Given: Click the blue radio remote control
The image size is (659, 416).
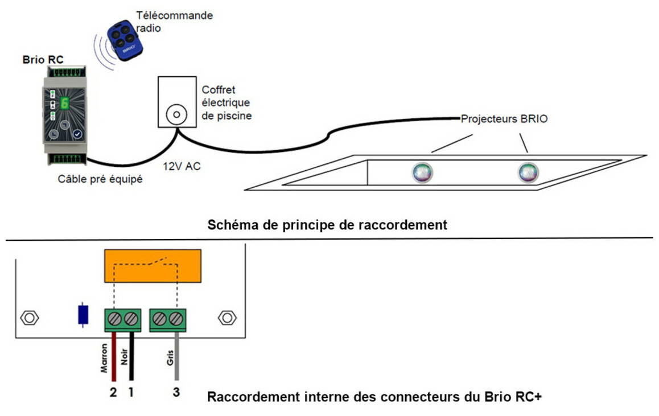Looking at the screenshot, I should pos(123,40).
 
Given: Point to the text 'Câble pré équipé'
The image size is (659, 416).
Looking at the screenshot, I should pos(100,180).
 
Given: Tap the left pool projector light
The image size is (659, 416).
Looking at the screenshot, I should pos(422,172).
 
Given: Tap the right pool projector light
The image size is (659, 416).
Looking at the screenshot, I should pos(527,172).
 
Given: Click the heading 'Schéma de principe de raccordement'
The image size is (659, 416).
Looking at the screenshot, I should pos(328,225).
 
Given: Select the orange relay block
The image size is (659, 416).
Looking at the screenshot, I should pos(151,266).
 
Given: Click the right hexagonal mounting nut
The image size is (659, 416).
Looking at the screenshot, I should pos(226,318).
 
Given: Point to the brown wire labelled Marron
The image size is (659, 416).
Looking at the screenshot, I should pos(114,356).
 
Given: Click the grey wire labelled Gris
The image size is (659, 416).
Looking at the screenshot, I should pos(177,356).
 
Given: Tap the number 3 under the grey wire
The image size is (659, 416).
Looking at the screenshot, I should pos(176,392).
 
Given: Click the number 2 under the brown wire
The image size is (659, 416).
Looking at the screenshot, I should pos(113,392).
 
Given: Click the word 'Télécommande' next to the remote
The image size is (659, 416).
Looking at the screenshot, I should pos(174,15).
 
